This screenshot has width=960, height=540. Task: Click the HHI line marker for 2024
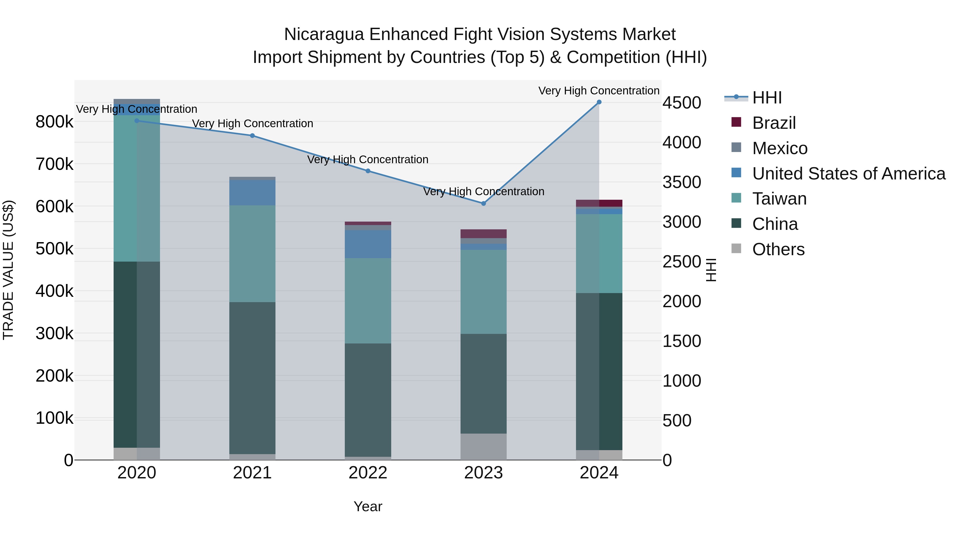click(x=599, y=102)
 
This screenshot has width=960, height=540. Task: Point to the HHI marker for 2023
click(x=483, y=203)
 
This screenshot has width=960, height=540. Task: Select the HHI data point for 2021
click(x=252, y=136)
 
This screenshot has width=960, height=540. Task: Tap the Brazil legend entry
click(x=774, y=123)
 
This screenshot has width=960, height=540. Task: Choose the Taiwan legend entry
click(x=779, y=199)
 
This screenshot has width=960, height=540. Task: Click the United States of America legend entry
click(x=848, y=174)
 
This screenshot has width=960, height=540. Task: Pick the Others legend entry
click(x=778, y=249)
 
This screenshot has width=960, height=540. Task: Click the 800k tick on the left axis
click(x=54, y=122)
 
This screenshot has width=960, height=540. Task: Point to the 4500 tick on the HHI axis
click(x=681, y=103)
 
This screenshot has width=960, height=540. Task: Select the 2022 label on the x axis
click(x=368, y=473)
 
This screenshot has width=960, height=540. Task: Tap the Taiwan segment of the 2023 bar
click(x=483, y=291)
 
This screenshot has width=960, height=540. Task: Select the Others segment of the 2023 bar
click(x=483, y=446)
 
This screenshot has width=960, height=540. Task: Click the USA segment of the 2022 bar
click(x=368, y=244)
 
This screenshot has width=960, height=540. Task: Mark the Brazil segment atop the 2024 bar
click(x=599, y=203)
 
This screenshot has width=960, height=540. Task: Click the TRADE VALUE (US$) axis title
click(x=8, y=270)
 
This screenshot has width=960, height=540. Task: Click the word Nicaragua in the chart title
click(x=324, y=34)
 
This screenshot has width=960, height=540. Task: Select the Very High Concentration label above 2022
click(x=367, y=159)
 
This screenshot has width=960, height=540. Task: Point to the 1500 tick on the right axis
click(x=681, y=341)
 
